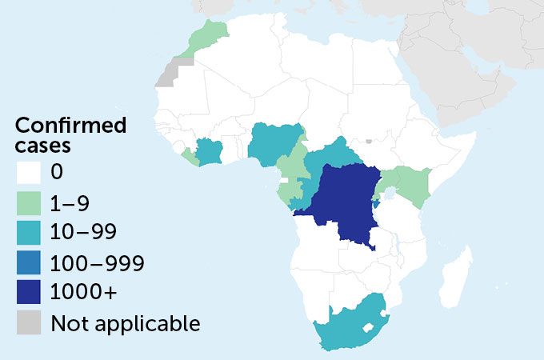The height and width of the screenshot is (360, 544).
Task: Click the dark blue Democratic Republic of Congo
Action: (344, 204)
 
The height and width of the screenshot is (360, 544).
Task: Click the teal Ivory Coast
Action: (210, 151)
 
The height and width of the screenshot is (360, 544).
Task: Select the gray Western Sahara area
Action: (170, 72)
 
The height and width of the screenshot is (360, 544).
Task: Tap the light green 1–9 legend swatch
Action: (29, 202)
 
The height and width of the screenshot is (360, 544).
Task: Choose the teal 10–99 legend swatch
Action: (29, 233)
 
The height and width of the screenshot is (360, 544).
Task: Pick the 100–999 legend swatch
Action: (29, 263)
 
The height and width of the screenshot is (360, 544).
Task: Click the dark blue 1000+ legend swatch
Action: (29, 294)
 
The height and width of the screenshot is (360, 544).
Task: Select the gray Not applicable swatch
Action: (29, 324)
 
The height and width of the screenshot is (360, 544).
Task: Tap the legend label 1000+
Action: (84, 294)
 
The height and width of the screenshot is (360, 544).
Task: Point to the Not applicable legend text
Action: (125, 324)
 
